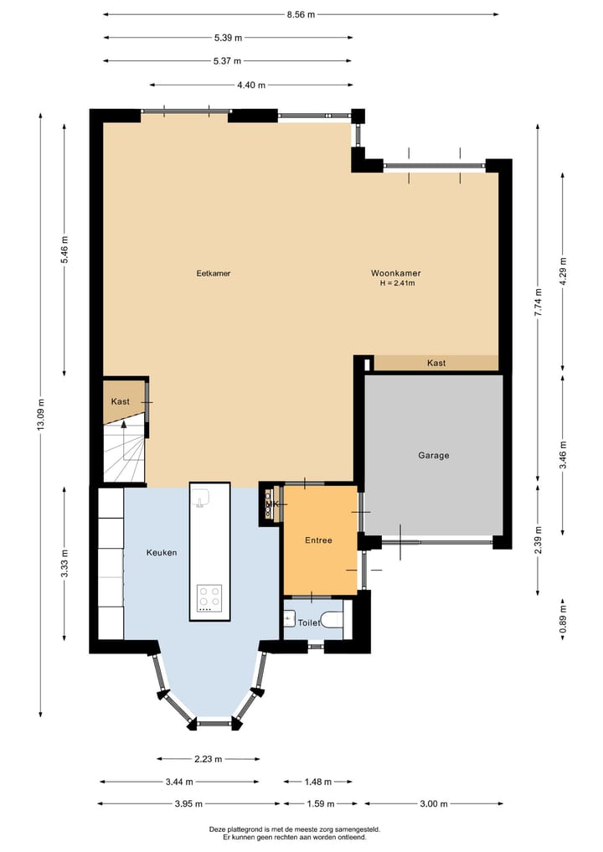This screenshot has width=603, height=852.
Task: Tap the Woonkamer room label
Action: (x=396, y=273)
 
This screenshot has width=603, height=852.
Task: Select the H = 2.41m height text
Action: (x=397, y=283)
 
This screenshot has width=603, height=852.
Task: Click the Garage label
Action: (x=434, y=456)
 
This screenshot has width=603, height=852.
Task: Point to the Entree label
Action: (x=318, y=540)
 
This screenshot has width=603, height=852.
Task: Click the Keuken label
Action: (x=162, y=553)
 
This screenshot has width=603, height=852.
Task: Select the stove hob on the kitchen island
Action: (x=209, y=598)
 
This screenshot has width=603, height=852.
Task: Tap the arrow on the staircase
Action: (x=125, y=426)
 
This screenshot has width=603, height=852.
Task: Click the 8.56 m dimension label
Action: (x=301, y=14)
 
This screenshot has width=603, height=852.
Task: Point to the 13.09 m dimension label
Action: (x=40, y=415)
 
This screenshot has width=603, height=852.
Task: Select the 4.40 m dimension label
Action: (x=251, y=85)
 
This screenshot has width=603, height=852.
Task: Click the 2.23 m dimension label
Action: (x=208, y=759)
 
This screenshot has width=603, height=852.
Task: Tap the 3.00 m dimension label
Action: (x=433, y=804)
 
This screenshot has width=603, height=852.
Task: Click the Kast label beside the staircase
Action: (x=121, y=402)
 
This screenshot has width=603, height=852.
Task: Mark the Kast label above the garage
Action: (x=435, y=363)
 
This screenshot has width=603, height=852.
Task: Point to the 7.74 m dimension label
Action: (x=539, y=300)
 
